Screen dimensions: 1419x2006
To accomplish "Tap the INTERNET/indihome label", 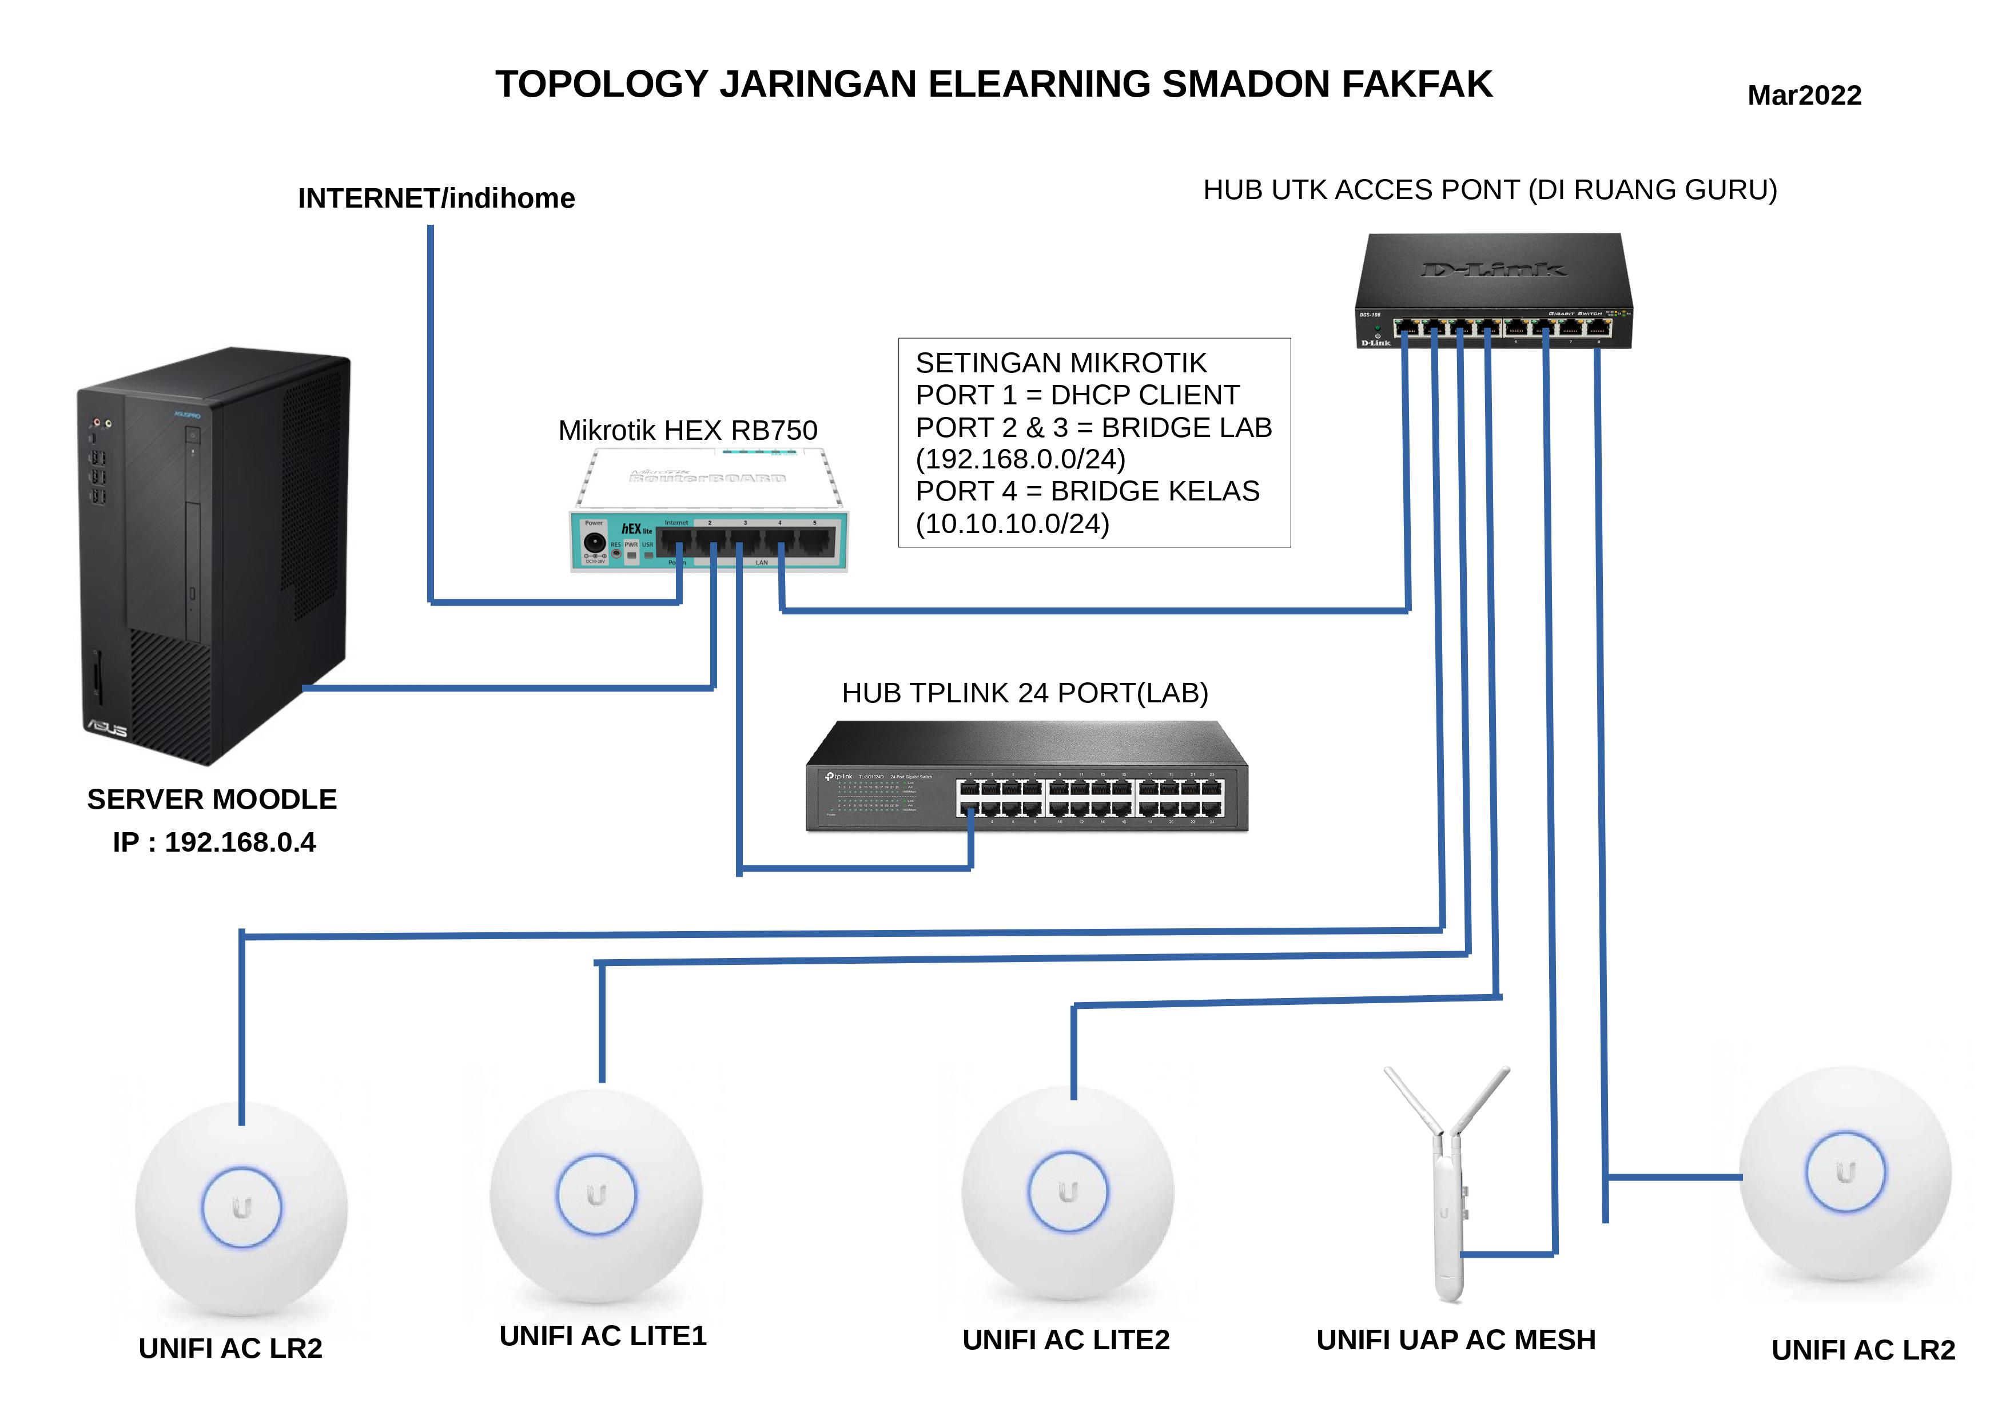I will [x=436, y=198].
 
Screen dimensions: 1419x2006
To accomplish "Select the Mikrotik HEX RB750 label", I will [x=687, y=430].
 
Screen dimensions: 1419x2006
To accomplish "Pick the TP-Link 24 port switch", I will [x=1026, y=778].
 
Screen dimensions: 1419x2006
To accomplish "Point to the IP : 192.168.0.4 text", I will [x=214, y=842].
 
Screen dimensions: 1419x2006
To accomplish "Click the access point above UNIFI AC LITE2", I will [x=1068, y=1193].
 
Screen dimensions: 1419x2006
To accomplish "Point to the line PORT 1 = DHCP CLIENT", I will [x=1077, y=395].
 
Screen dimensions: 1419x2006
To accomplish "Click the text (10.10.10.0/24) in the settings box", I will [x=1012, y=523].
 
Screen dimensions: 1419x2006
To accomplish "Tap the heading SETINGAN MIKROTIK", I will [x=1061, y=363].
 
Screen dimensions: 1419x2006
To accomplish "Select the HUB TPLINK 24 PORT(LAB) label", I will [x=1025, y=693].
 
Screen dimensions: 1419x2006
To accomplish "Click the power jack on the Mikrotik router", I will [x=594, y=542].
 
